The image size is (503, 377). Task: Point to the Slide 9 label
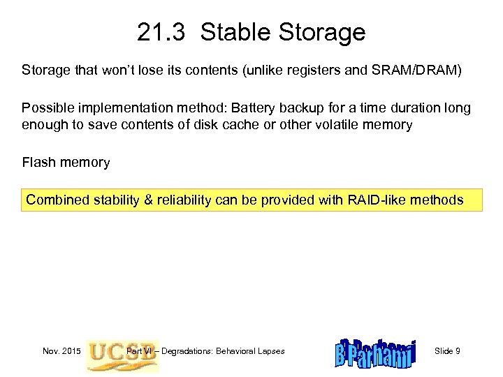(x=447, y=350)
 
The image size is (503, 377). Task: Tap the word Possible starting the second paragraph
(x=45, y=108)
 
